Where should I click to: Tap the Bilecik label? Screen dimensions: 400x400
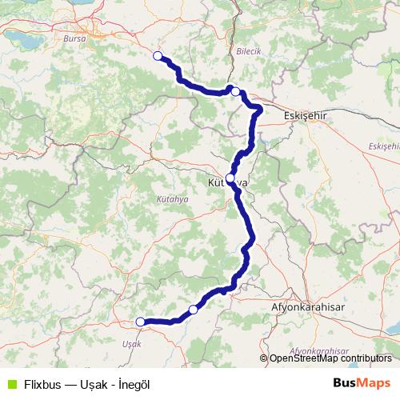pyautogui.click(x=249, y=50)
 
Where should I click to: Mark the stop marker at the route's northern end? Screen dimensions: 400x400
pyautogui.click(x=158, y=56)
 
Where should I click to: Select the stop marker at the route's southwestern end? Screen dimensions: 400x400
pyautogui.click(x=141, y=322)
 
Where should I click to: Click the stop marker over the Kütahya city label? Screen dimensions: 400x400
pyautogui.click(x=230, y=178)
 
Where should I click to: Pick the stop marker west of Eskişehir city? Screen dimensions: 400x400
pyautogui.click(x=235, y=92)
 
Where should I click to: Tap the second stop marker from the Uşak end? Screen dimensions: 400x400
pyautogui.click(x=193, y=309)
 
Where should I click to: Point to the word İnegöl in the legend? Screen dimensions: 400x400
pyautogui.click(x=132, y=384)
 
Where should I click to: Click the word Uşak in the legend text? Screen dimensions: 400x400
pyautogui.click(x=95, y=384)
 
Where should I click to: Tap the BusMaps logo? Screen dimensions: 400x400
pyautogui.click(x=362, y=383)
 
